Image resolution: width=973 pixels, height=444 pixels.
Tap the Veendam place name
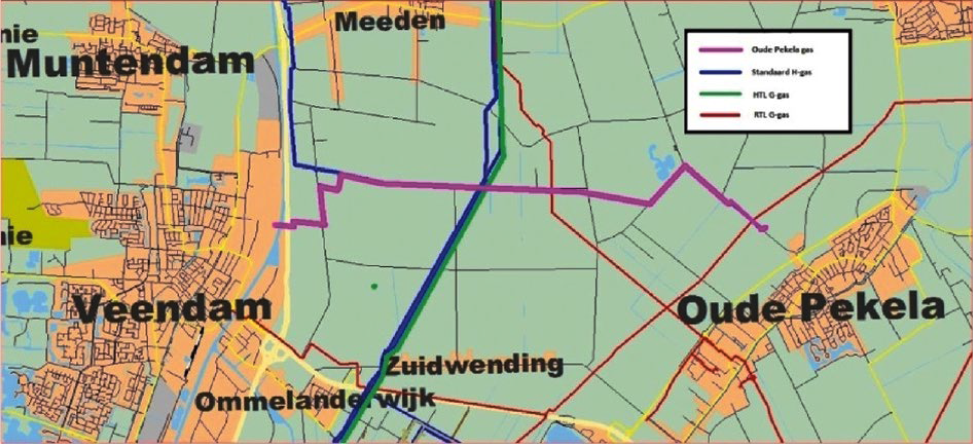click(x=173, y=309)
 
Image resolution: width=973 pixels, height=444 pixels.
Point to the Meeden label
click(x=390, y=21)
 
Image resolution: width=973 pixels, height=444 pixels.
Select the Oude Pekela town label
click(x=811, y=309)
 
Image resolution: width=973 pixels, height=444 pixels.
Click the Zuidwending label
click(x=474, y=364)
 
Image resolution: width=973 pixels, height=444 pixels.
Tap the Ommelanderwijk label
click(x=316, y=400)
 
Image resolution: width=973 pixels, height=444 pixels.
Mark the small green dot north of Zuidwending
click(x=374, y=286)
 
